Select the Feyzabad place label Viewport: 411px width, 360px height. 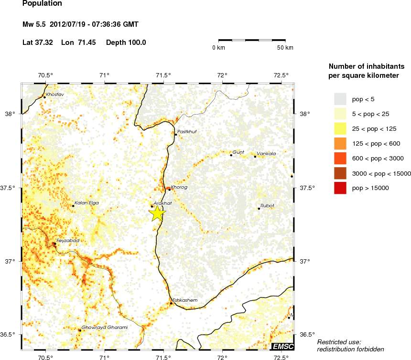(68, 241)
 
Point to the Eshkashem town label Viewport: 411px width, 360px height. (184, 300)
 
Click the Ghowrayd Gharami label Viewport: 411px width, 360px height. (105, 328)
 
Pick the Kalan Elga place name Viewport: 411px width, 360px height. (87, 203)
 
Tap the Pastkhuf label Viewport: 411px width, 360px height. (187, 131)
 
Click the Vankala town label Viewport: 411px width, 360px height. (266, 153)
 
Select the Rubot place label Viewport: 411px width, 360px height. (268, 206)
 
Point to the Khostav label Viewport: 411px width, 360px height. (55, 95)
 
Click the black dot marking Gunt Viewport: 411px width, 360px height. (231, 155)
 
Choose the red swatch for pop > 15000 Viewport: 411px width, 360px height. (340, 189)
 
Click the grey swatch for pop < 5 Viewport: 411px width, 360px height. (340, 98)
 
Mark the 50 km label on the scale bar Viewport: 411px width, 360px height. (285, 48)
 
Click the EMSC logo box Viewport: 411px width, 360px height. (282, 346)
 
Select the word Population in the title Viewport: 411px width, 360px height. (42, 4)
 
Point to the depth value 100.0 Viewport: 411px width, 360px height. (136, 42)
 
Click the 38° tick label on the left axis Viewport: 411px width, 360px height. (11, 114)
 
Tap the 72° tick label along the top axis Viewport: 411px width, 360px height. (222, 75)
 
